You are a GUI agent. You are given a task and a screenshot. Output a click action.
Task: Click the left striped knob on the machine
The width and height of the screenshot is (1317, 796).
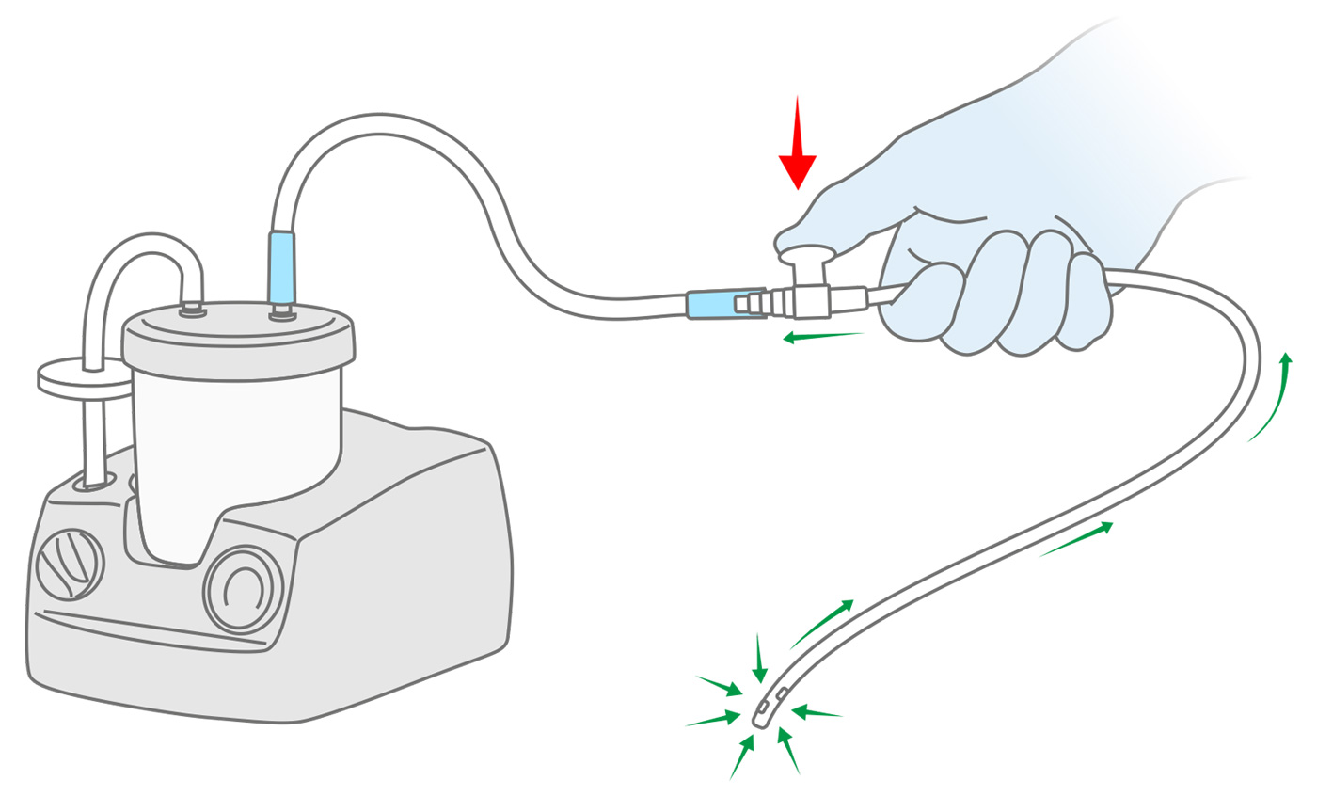coord(70,565)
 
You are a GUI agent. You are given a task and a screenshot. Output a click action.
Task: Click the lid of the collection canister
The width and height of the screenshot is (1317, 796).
coord(239,335)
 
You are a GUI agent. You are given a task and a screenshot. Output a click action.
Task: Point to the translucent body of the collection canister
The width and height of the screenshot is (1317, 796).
coord(235,442)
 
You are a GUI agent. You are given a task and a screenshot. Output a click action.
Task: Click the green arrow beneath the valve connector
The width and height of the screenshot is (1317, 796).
coord(824,336)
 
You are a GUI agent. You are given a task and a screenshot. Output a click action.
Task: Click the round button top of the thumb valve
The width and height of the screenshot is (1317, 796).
coord(807,254)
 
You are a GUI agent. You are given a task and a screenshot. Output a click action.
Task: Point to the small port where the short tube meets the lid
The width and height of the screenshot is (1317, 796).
coord(193,309)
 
